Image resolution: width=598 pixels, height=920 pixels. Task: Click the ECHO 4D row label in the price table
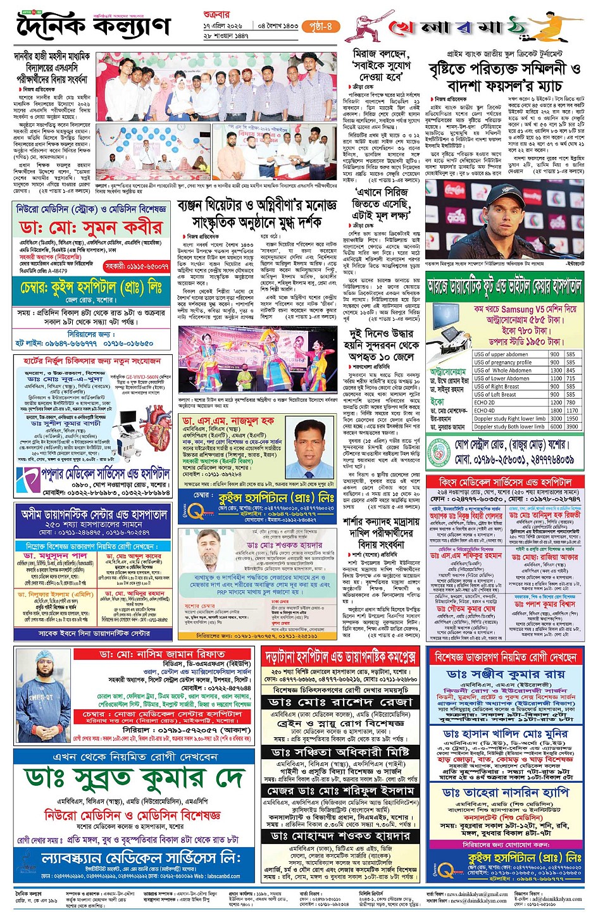[x=485, y=410]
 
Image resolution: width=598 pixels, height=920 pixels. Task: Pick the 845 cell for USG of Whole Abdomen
[x=571, y=370]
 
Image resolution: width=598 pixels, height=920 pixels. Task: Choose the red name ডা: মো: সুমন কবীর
[x=90, y=227]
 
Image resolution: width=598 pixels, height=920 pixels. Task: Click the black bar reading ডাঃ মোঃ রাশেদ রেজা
[x=340, y=702]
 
